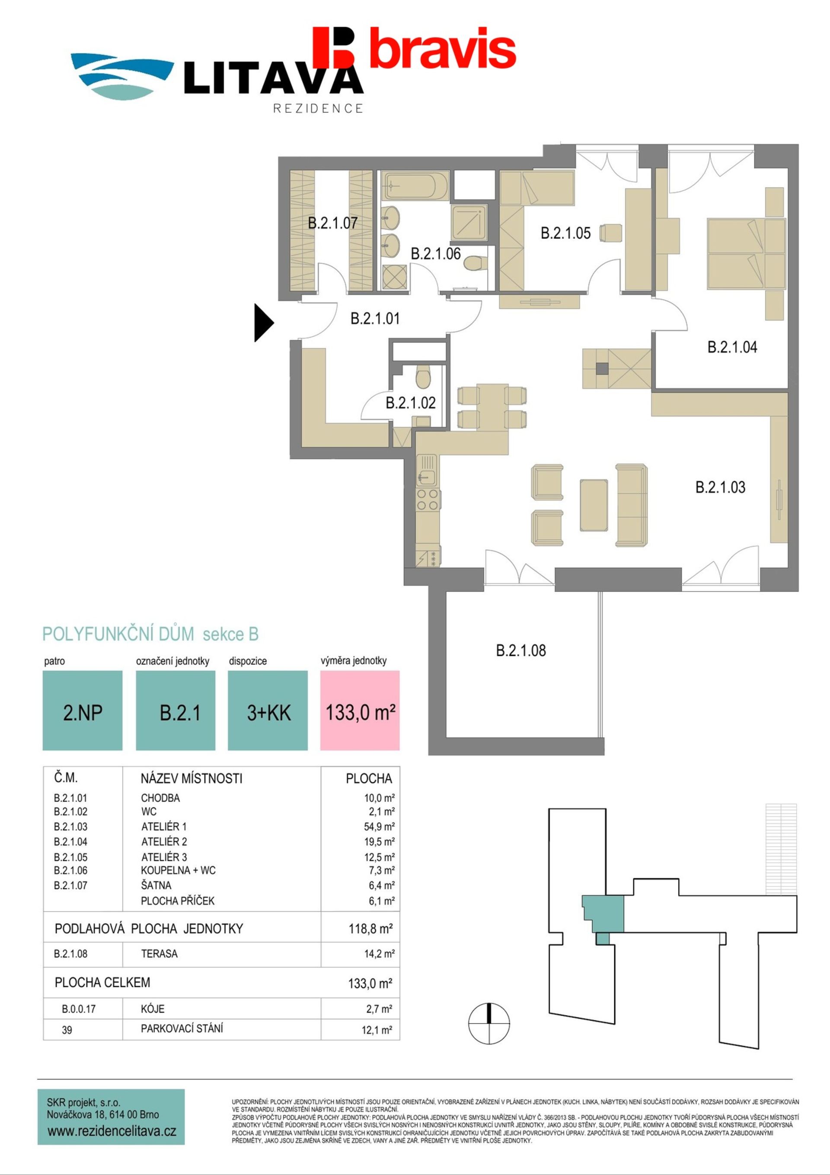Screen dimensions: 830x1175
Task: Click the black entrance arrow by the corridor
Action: [263, 323]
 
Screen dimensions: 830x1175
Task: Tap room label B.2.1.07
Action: [332, 223]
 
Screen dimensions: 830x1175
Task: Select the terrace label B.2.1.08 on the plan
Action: [521, 650]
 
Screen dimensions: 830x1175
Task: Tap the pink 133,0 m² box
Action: [360, 711]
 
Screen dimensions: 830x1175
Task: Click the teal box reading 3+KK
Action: [268, 711]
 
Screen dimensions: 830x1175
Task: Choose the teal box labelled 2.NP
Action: [83, 711]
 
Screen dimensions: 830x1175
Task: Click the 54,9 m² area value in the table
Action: [379, 826]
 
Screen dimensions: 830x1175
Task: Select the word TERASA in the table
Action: [159, 954]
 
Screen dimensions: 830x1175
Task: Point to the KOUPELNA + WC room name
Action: [178, 871]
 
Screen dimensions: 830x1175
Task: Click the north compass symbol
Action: [489, 1024]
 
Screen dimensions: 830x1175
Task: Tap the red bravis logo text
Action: [443, 48]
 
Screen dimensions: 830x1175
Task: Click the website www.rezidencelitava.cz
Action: [112, 1131]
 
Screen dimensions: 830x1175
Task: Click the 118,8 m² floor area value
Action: [370, 928]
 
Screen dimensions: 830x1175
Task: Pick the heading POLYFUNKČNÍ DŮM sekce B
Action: [150, 634]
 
